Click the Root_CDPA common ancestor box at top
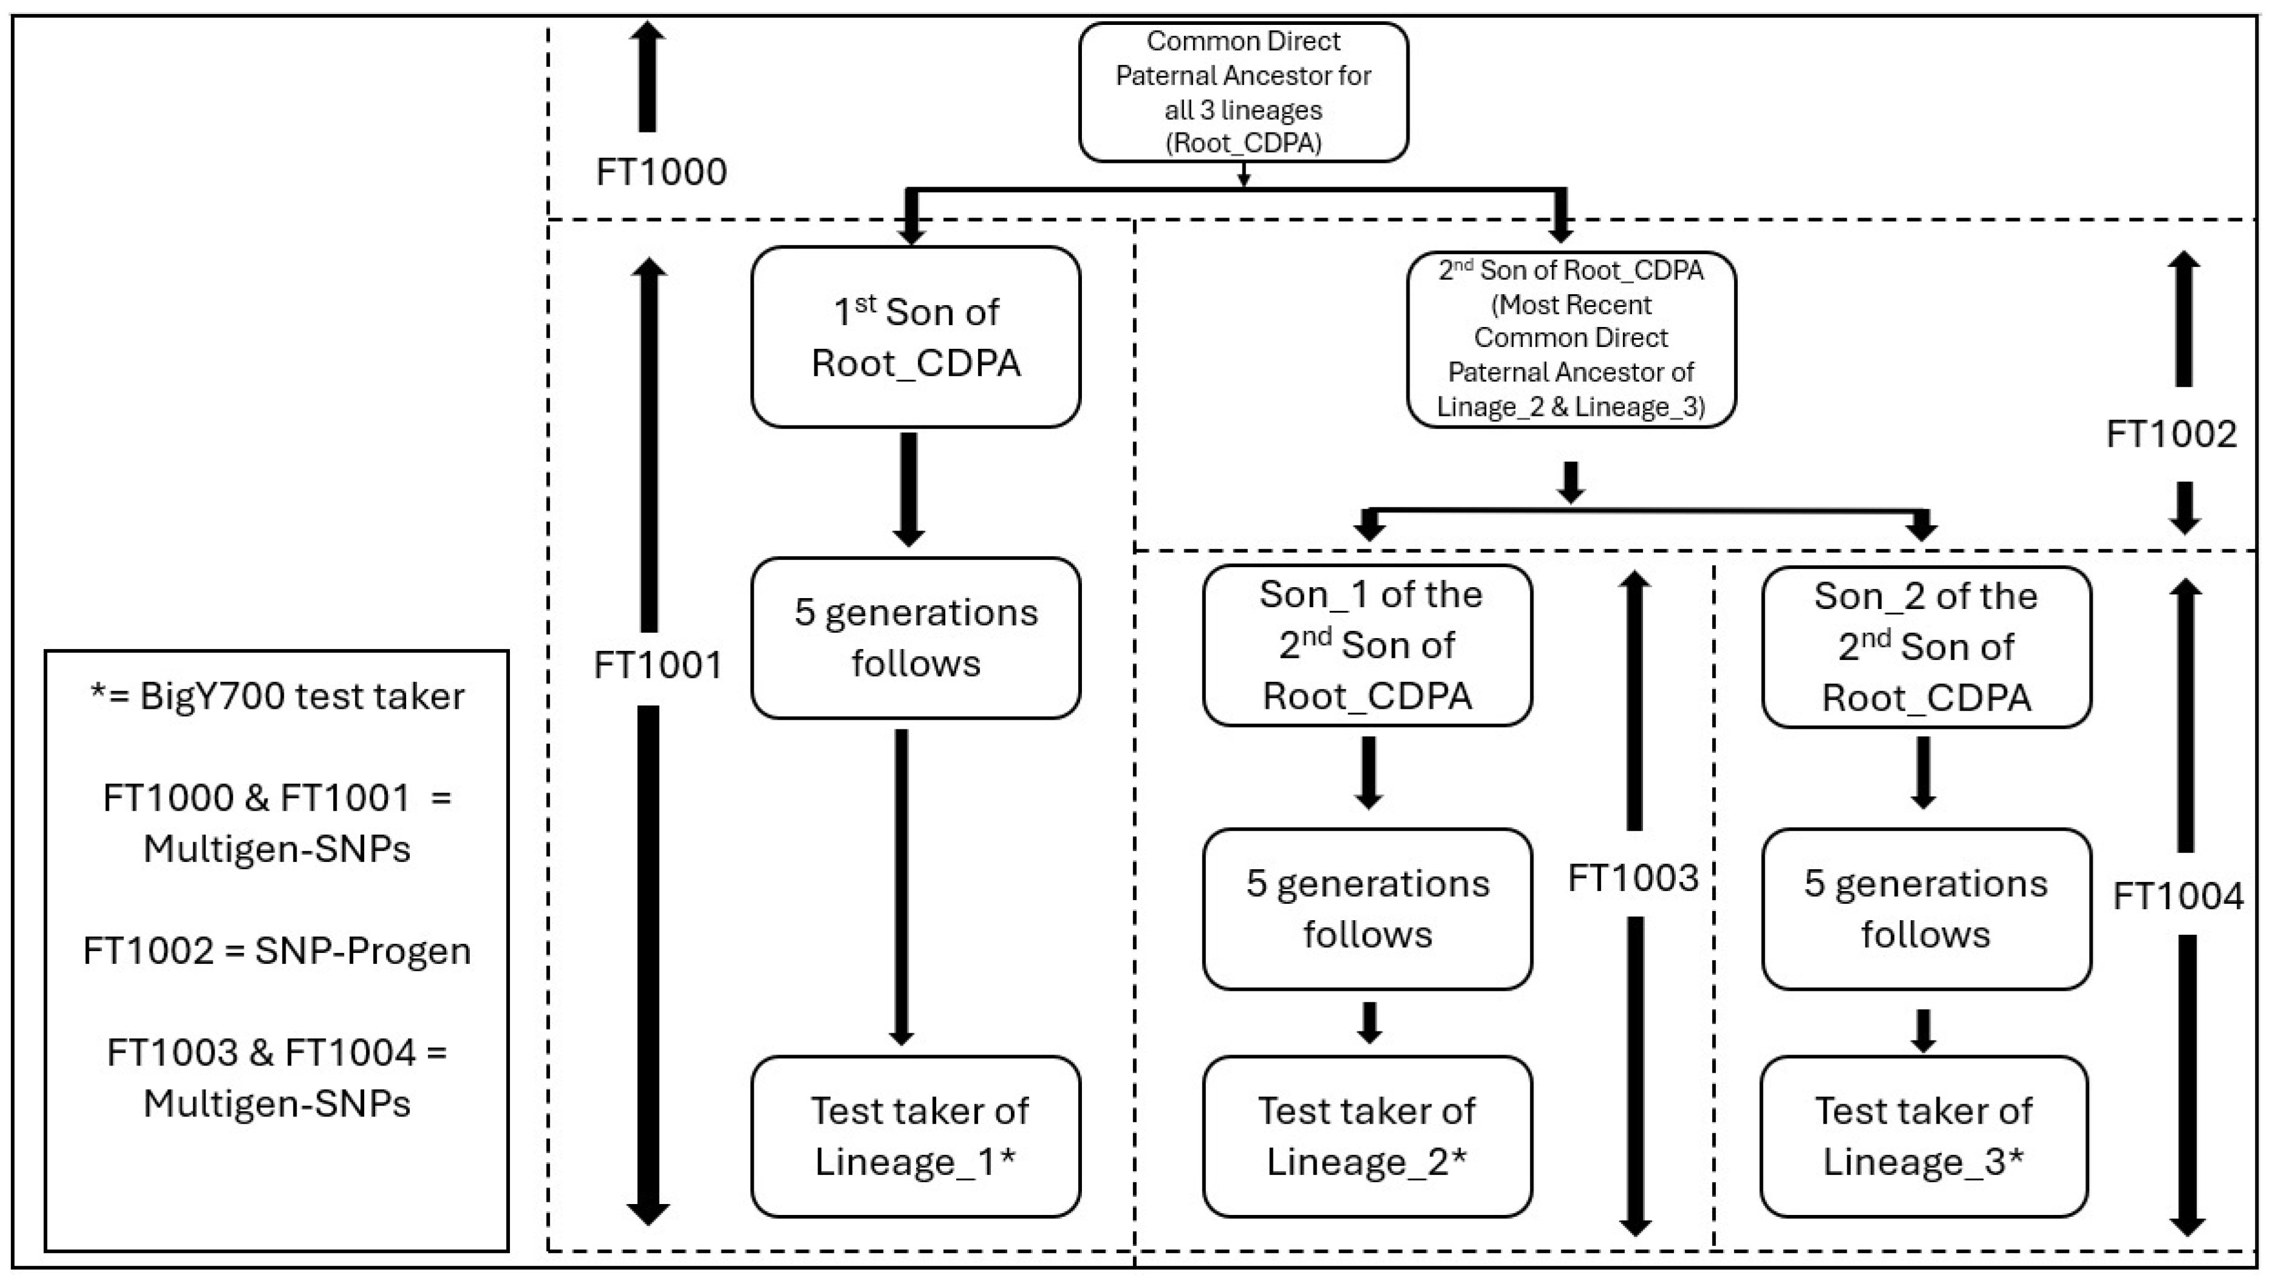click(x=1243, y=92)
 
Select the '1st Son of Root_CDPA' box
click(x=915, y=337)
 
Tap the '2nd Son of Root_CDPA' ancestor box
click(x=1571, y=339)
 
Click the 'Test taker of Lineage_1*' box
click(x=915, y=1137)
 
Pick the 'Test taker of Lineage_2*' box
click(x=1367, y=1137)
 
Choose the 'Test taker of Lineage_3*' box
click(x=1924, y=1137)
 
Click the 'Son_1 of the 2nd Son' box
click(x=1367, y=645)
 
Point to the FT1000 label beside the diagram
click(x=661, y=172)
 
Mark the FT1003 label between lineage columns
click(x=1633, y=878)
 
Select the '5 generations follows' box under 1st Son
click(x=915, y=638)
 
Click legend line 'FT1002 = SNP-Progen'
click(x=277, y=951)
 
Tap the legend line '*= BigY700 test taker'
click(x=277, y=697)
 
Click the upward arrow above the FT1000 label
click(x=647, y=78)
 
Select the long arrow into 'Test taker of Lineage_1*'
click(x=901, y=886)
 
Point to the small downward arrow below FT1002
click(x=2185, y=508)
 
